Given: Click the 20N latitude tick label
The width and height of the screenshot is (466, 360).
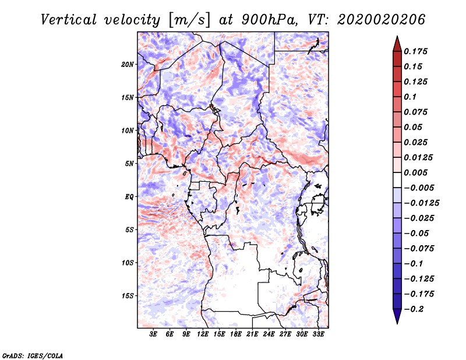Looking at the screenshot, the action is coord(128,65).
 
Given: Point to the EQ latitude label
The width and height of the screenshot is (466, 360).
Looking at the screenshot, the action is coord(129,197).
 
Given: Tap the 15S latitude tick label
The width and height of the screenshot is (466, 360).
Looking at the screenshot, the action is coord(128,296).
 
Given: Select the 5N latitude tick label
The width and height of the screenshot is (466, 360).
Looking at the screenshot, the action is coord(129,164).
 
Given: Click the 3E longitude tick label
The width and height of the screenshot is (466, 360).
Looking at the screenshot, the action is coord(153,334).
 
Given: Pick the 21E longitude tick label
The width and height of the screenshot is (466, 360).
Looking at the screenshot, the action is coord(252,334).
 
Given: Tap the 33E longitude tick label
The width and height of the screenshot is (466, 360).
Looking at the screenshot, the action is coord(318,334).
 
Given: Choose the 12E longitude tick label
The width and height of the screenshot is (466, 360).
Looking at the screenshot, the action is coord(203,334).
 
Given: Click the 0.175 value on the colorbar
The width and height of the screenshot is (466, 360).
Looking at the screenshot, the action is coord(415,51).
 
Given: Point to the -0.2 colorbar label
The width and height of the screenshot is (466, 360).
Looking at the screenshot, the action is coord(414,309).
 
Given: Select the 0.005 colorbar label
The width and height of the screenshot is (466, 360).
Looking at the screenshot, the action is coord(415,172).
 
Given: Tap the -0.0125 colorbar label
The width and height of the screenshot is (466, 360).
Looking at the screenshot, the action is coord(421,203).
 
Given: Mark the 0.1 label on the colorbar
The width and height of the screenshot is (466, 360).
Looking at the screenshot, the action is coord(410,97).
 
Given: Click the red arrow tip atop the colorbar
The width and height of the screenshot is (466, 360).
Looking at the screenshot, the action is coord(397,37).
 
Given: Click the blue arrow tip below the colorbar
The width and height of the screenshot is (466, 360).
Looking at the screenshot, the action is coord(397,323).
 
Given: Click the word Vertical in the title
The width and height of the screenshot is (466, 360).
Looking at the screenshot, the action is coord(69,20).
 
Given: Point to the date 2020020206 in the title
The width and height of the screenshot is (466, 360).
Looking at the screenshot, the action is coord(381,20).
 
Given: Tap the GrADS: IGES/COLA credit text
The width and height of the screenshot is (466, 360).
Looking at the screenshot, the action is coord(33,356).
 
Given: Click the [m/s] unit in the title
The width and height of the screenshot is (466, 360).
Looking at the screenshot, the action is coord(189,20).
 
